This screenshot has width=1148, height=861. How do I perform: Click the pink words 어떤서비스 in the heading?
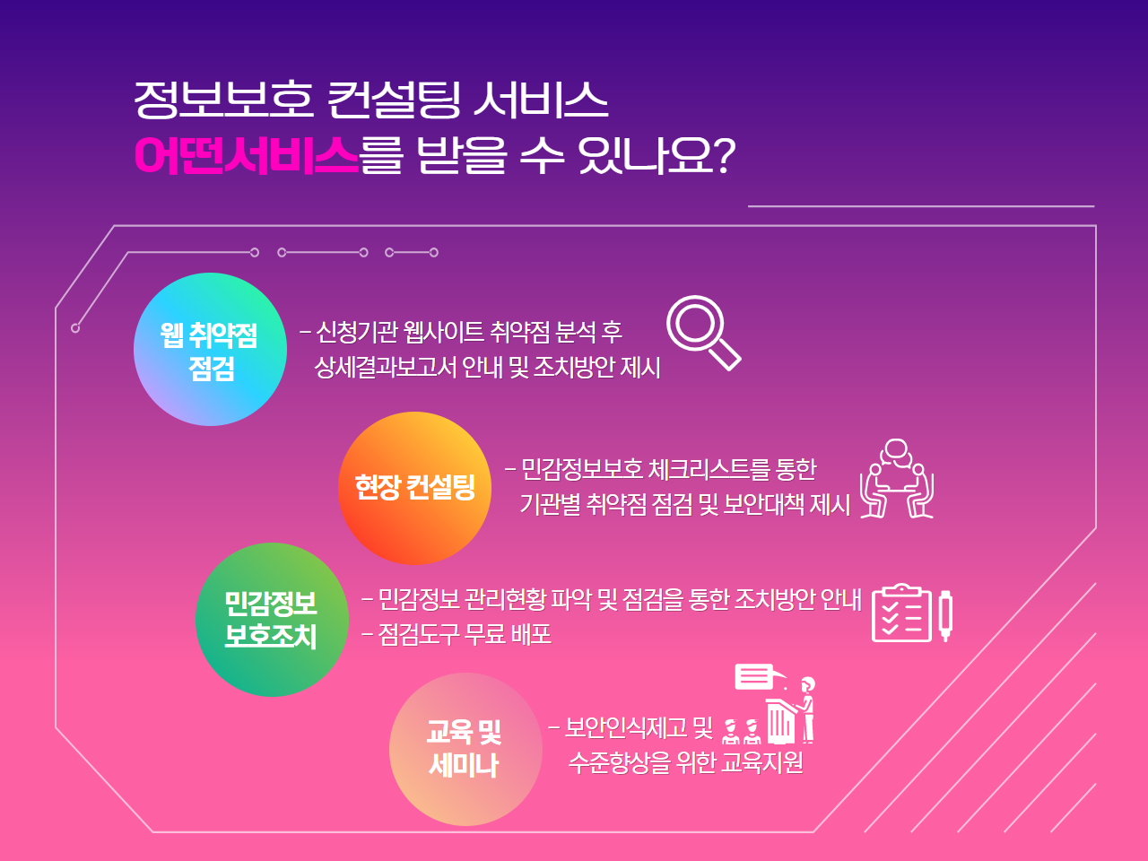[x=247, y=155]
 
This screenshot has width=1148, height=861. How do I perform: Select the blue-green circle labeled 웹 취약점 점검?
[x=210, y=349]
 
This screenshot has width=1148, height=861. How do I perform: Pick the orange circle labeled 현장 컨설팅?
[x=414, y=488]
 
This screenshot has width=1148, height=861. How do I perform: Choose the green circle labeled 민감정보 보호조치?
[x=272, y=620]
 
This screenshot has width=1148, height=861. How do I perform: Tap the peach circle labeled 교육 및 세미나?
[x=465, y=749]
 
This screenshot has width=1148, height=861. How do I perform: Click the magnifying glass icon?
[x=703, y=333]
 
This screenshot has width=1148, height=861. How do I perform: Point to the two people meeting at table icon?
[x=897, y=478]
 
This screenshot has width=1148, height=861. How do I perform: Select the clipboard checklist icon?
[x=901, y=613]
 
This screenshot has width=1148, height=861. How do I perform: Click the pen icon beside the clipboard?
[x=945, y=616]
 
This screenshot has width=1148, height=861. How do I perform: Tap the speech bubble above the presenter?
[x=754, y=676]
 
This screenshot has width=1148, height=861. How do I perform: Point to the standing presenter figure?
[x=806, y=710]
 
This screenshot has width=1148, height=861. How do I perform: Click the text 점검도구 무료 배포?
[x=465, y=635]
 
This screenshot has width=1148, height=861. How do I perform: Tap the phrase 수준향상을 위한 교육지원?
[x=686, y=762]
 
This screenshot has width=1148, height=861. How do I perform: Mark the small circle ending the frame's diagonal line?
[x=75, y=328]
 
